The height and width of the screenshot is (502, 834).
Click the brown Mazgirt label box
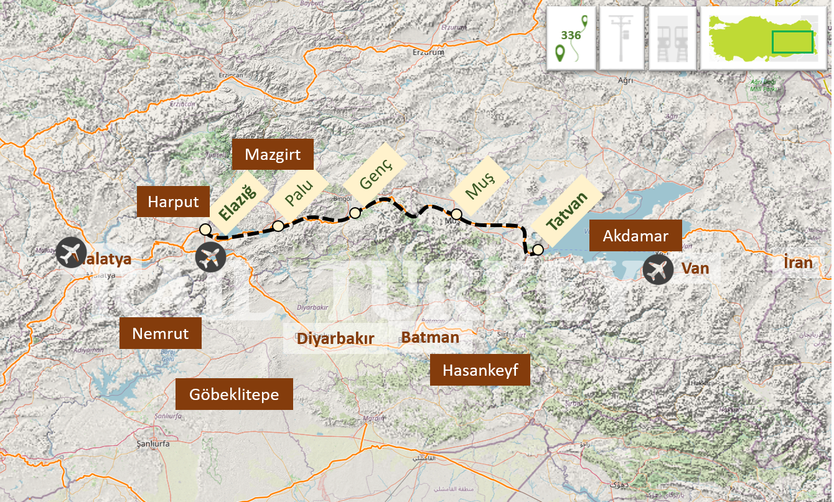pyautogui.click(x=272, y=154)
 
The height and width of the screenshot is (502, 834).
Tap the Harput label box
pyautogui.click(x=173, y=202)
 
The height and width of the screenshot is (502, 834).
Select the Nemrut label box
pyautogui.click(x=160, y=333)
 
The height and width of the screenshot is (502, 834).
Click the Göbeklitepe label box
pyautogui.click(x=233, y=394)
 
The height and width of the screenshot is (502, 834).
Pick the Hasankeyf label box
pyautogui.click(x=480, y=370)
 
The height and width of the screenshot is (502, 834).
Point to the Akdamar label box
pyautogui.click(x=635, y=236)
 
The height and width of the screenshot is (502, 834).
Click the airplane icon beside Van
pyautogui.click(x=658, y=270)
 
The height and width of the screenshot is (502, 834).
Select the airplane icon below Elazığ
pyautogui.click(x=210, y=257)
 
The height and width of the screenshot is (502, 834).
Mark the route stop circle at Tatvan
pyautogui.click(x=538, y=249)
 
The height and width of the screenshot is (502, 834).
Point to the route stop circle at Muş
pyautogui.click(x=456, y=214)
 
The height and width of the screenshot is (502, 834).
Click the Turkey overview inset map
pyautogui.click(x=764, y=38)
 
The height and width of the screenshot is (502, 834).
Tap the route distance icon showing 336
pyautogui.click(x=571, y=38)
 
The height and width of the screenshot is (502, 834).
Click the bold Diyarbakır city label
pyautogui.click(x=335, y=339)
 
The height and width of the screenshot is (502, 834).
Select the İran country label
pyautogui.click(x=798, y=263)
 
